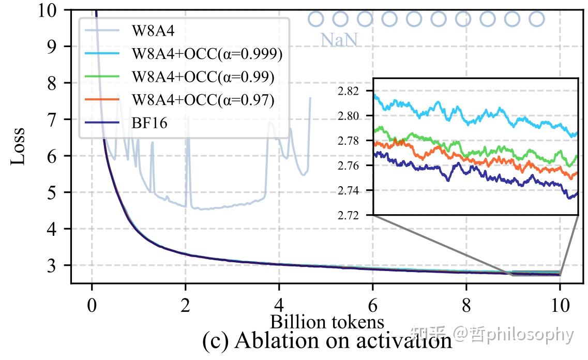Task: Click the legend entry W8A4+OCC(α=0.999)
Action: [207, 54]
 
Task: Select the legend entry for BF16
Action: [149, 123]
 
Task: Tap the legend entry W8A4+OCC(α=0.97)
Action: [203, 99]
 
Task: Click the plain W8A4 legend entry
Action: [153, 31]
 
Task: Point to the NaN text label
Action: [339, 40]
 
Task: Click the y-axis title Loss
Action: [18, 146]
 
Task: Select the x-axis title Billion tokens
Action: [327, 322]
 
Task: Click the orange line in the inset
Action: [440, 155]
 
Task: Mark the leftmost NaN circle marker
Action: [316, 20]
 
